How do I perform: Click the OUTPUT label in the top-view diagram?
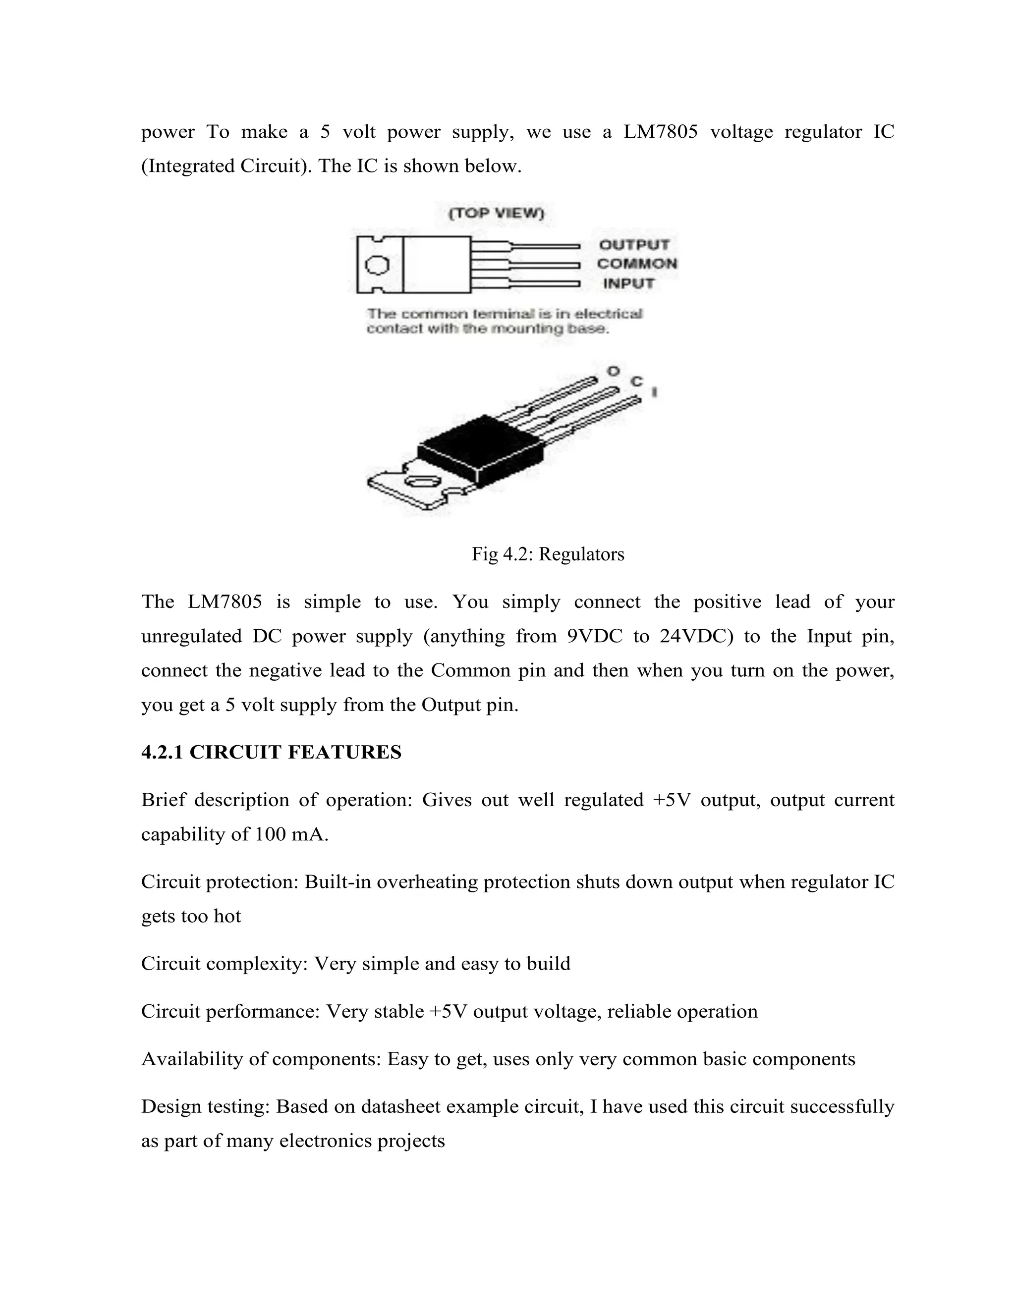tap(634, 245)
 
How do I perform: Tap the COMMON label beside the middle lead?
tap(637, 264)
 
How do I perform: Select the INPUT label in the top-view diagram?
tap(628, 283)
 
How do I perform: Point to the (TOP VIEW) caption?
tap(496, 214)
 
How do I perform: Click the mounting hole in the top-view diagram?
tap(378, 265)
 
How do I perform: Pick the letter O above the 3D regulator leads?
tap(613, 371)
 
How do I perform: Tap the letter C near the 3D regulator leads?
tap(636, 381)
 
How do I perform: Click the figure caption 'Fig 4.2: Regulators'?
tap(548, 554)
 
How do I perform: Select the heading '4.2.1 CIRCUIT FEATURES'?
tap(271, 752)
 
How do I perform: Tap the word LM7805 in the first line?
tap(660, 132)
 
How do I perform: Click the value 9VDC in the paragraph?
tap(594, 636)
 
